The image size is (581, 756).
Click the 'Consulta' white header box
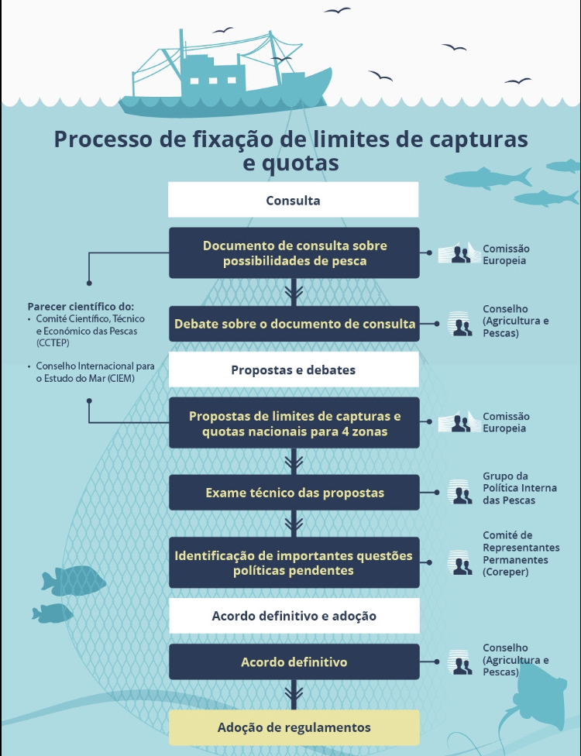pyautogui.click(x=293, y=200)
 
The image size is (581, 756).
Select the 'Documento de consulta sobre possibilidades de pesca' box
pyautogui.click(x=294, y=253)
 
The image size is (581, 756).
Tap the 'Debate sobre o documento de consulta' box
pyautogui.click(x=294, y=324)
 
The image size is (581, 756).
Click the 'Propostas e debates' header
pyautogui.click(x=294, y=369)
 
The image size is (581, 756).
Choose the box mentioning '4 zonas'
pyautogui.click(x=294, y=423)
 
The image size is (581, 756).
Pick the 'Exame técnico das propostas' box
pyautogui.click(x=294, y=493)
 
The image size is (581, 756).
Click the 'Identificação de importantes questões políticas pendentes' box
pyautogui.click(x=294, y=562)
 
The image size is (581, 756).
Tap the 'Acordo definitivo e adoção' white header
pyautogui.click(x=294, y=616)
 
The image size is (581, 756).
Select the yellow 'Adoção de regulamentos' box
pyautogui.click(x=294, y=727)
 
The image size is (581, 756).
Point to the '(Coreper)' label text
pyautogui.click(x=506, y=572)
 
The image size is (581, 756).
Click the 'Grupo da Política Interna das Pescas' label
pyautogui.click(x=520, y=488)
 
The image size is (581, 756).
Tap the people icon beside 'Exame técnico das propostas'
pyautogui.click(x=460, y=493)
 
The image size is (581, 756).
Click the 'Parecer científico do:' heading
pyautogui.click(x=81, y=306)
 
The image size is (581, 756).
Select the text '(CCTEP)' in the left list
pyautogui.click(x=53, y=343)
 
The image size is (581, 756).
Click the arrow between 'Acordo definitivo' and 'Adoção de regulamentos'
pyautogui.click(x=294, y=695)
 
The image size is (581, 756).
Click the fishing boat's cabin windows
pyautogui.click(x=212, y=81)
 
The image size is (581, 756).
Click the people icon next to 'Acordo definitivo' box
pyautogui.click(x=460, y=662)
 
